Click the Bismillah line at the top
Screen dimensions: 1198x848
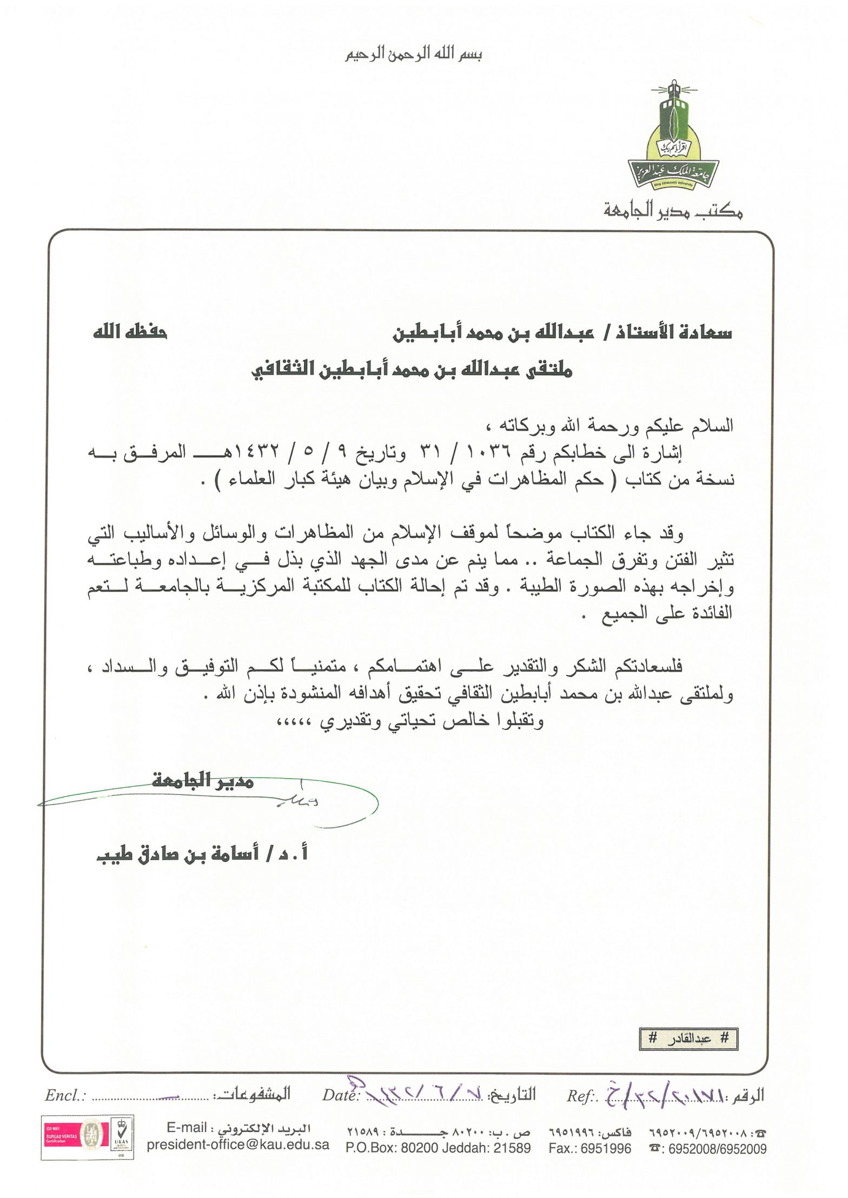pos(414,54)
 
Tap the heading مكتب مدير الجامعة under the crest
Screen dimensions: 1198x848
pos(673,210)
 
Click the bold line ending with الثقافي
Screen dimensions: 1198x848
pos(412,370)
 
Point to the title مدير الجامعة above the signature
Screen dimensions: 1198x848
pos(203,780)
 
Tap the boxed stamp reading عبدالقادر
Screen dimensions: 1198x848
pos(688,1039)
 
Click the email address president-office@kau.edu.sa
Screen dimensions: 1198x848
pos(238,1145)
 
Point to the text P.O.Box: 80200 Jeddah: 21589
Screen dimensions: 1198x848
pos(438,1148)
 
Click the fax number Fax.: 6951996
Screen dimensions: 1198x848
pos(589,1148)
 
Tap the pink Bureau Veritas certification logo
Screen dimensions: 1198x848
pos(64,1136)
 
